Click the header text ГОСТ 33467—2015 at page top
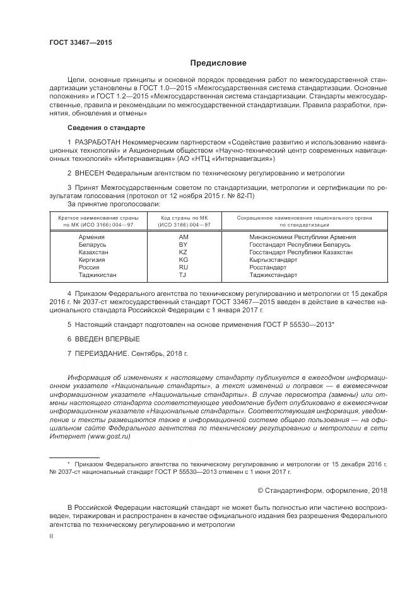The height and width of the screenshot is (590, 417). (x=80, y=43)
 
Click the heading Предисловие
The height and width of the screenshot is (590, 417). (x=218, y=63)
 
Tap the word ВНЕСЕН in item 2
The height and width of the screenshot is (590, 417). (x=89, y=172)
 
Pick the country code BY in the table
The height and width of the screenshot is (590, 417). (x=184, y=244)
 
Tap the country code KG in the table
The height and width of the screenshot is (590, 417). (x=184, y=259)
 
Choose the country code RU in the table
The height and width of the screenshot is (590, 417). (x=184, y=267)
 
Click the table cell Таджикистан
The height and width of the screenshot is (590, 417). (x=97, y=274)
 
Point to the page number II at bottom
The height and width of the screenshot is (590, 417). (x=52, y=536)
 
